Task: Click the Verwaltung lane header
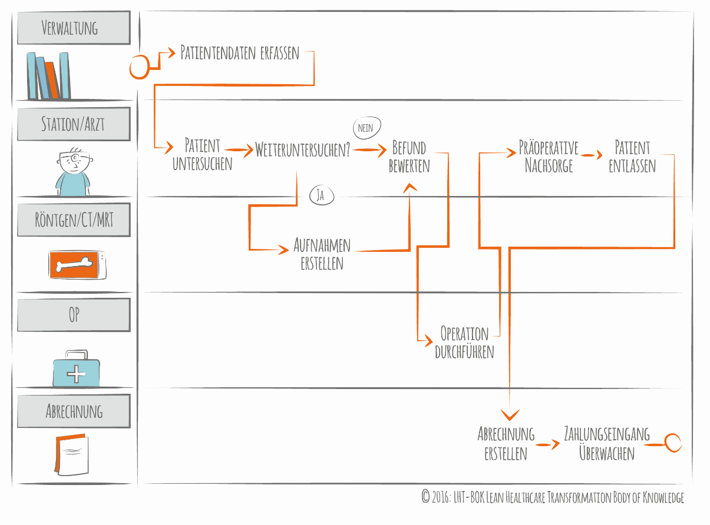74,28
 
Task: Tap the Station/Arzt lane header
74,124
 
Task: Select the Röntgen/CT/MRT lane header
74,220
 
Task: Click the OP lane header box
74,315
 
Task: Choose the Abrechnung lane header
74,411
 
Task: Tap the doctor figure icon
73,171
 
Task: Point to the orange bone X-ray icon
77,264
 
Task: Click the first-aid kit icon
76,369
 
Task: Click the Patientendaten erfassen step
240,53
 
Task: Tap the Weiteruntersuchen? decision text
303,150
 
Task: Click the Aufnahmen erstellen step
322,254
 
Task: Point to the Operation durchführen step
464,343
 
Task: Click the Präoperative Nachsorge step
549,156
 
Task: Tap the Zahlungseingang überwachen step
607,443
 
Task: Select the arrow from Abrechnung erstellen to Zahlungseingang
547,445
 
